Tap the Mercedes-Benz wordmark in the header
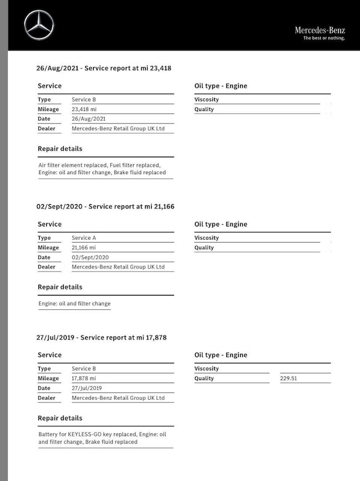(319, 30)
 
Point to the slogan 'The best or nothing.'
(324, 38)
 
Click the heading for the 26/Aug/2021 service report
(104, 68)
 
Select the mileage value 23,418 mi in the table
(84, 109)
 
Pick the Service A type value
(84, 238)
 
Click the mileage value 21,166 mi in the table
(84, 247)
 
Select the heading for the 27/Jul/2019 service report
(101, 337)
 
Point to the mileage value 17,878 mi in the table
(84, 378)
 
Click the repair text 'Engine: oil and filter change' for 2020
(74, 303)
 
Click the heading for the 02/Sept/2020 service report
(105, 207)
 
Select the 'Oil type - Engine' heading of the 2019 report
(221, 355)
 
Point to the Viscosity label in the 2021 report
(207, 100)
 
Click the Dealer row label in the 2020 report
(47, 267)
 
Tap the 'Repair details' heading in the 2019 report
(60, 418)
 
